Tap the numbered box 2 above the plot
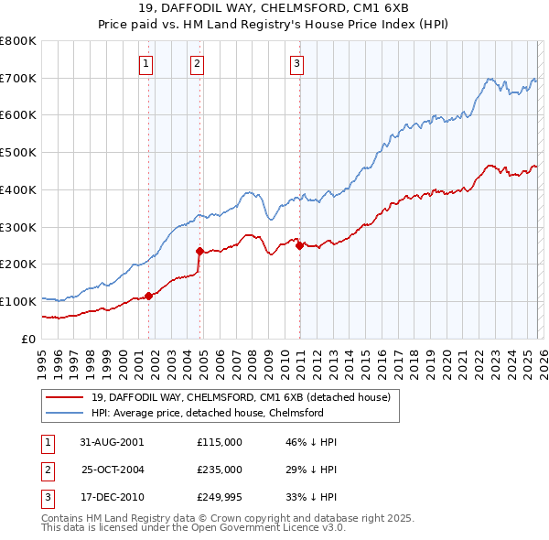point(197,63)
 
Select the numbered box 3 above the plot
point(297,63)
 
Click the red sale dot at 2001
point(148,296)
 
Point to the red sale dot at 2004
point(199,250)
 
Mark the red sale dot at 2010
point(299,244)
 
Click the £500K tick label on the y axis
point(16,153)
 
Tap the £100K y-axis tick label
point(16,301)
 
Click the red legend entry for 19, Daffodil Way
point(241,397)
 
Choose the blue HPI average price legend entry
point(208,413)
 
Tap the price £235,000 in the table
point(220,469)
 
